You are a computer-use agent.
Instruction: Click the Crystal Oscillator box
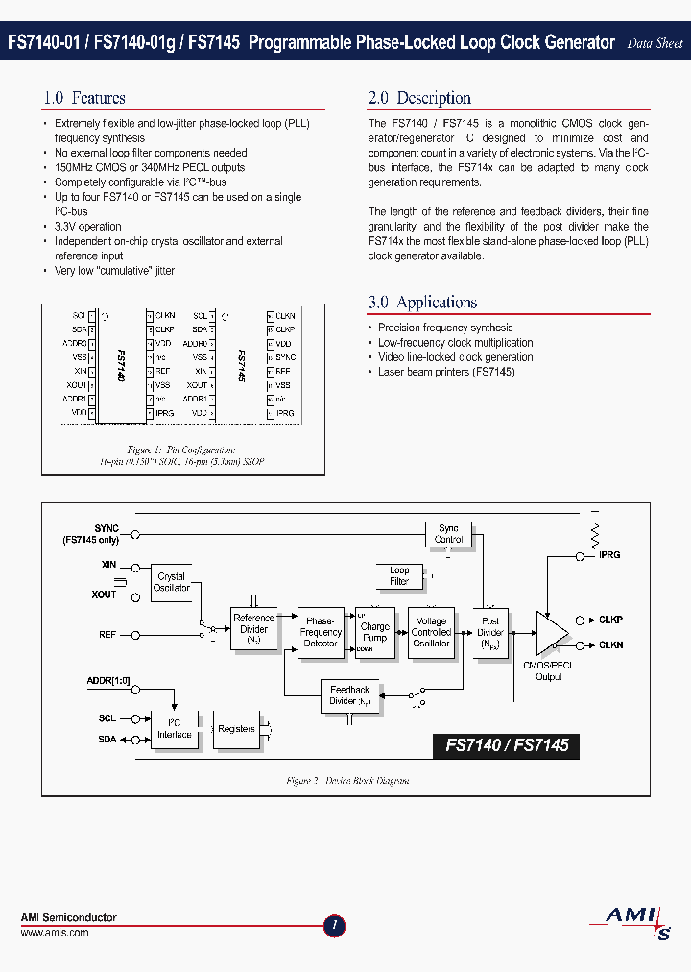172,582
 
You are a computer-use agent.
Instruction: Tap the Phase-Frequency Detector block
321,632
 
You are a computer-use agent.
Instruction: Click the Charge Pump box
375,632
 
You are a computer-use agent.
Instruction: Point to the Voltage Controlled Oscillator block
431,632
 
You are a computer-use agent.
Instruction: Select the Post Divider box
490,632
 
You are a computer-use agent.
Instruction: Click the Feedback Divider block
349,695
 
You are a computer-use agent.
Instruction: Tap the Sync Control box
449,534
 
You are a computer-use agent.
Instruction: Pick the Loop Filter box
399,576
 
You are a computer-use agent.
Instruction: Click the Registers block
236,730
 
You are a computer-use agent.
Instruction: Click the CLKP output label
610,620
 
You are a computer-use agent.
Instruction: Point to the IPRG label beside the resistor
609,555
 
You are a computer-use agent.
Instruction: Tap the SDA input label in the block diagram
107,739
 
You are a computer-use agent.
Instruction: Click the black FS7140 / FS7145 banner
507,744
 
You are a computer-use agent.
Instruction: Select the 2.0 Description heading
419,98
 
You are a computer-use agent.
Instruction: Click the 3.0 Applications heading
422,303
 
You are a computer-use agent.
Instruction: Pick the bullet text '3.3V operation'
87,227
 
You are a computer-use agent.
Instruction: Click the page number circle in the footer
334,926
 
